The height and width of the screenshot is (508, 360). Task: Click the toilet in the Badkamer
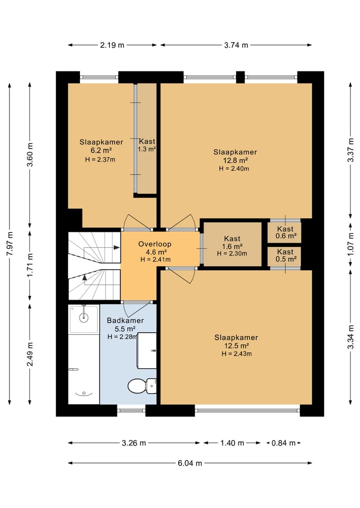[x=142, y=386]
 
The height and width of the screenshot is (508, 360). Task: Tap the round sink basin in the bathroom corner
[x=84, y=318]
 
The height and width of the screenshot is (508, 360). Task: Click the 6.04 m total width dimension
[x=189, y=463]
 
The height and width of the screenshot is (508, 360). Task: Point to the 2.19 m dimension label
[x=112, y=45]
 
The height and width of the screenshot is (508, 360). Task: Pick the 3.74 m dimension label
[x=236, y=45]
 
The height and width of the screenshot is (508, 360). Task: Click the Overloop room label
[x=155, y=244]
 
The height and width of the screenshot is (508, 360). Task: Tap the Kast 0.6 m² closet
[x=285, y=232]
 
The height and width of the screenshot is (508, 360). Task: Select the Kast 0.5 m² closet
[x=285, y=256]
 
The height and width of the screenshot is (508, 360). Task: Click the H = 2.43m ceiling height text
[x=237, y=354]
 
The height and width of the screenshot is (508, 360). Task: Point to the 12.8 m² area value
[x=235, y=160]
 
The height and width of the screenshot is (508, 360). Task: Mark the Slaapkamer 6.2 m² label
[x=101, y=146]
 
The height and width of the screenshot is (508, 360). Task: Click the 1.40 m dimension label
[x=232, y=443]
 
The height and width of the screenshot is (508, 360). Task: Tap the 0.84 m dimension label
[x=283, y=443]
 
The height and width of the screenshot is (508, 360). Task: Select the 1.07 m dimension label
[x=350, y=244]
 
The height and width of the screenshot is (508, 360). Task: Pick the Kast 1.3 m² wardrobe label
[x=147, y=145]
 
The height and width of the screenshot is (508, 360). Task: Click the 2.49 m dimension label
[x=30, y=354]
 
